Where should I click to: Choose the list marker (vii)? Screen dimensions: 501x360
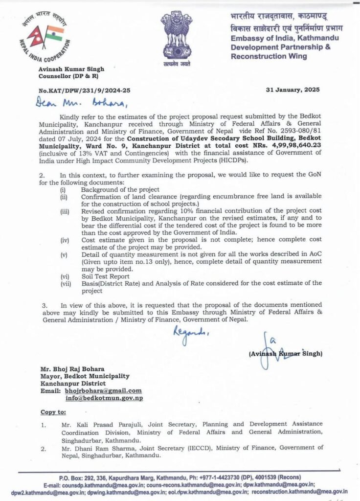click(65, 283)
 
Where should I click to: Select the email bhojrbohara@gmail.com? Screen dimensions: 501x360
click(103, 391)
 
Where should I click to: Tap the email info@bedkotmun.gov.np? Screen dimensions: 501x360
click(103, 398)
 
